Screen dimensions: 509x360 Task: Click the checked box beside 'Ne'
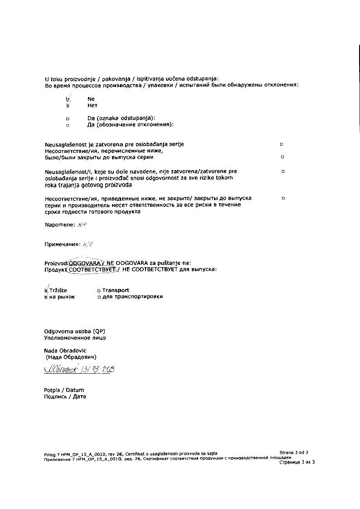[68, 98]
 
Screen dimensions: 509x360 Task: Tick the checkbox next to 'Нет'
[68, 105]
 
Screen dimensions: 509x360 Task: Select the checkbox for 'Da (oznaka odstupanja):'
[68, 118]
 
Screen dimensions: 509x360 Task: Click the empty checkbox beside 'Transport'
[98, 290]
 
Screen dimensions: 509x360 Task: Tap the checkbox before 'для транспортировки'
[98, 297]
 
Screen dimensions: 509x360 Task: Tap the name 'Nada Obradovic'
[65, 350]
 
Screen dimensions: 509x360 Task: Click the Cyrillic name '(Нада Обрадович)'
[71, 357]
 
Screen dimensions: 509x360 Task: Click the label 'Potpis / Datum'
[64, 390]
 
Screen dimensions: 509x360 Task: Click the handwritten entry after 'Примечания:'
[88, 244]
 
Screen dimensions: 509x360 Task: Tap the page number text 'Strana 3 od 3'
[294, 452]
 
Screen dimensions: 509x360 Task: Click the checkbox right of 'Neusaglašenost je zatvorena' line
[282, 144]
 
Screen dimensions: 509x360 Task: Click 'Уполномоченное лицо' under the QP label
[75, 338]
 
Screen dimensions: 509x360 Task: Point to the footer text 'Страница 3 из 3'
[297, 462]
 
